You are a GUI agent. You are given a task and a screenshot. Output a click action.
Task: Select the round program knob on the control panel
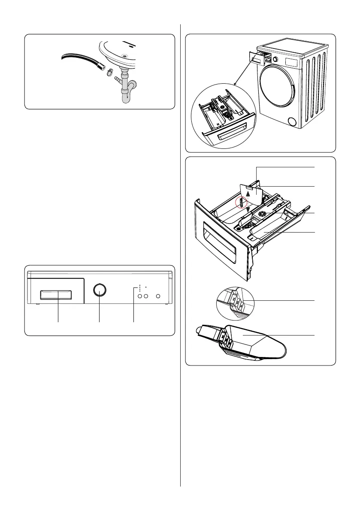point(100,290)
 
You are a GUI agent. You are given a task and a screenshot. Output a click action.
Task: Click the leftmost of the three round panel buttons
point(139,296)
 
